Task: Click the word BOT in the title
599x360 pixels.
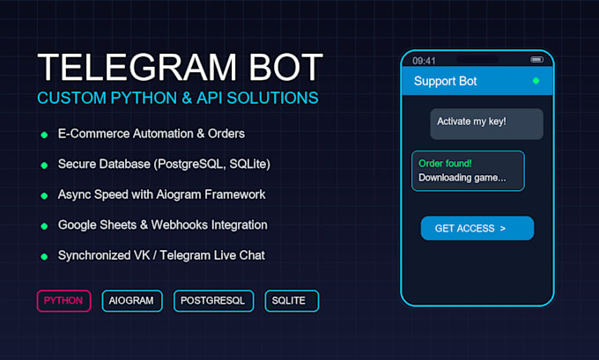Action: pos(286,67)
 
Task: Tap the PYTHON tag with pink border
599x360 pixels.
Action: pos(63,301)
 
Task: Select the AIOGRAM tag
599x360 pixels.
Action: pos(132,301)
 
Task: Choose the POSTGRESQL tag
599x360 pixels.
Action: pos(213,301)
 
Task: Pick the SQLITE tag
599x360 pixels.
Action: pos(292,301)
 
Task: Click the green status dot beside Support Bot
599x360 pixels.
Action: pos(536,81)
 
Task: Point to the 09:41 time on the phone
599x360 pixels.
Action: pos(424,61)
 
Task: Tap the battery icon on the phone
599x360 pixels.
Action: pos(536,60)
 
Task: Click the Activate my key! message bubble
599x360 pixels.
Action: pos(486,124)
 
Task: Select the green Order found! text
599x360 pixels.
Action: pos(445,164)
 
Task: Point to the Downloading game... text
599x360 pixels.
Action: pos(462,178)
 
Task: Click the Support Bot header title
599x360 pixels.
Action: pos(446,81)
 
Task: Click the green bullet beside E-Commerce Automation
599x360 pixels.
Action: pos(44,135)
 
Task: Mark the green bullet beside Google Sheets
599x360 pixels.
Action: pos(44,226)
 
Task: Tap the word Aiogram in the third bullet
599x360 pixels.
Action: pos(179,195)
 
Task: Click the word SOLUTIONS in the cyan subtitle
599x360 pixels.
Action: pos(272,98)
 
